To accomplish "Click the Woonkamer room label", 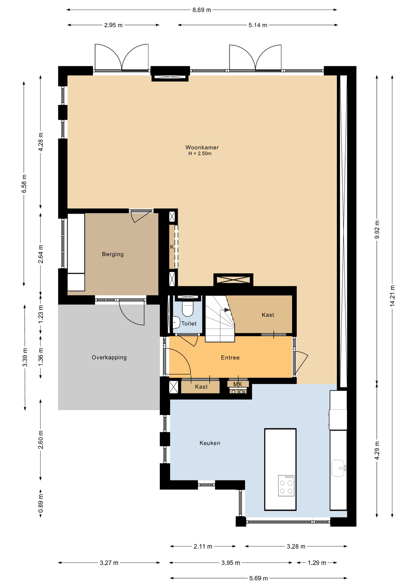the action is click(x=202, y=147).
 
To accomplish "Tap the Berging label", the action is click(x=113, y=254).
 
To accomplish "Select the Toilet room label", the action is click(x=189, y=323).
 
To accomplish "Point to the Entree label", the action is click(x=230, y=357).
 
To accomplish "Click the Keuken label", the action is click(x=210, y=443).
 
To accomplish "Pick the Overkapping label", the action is click(x=109, y=357).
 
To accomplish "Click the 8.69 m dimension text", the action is click(x=202, y=10).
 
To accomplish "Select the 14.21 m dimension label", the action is click(x=392, y=296).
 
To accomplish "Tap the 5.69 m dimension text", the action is click(x=259, y=578).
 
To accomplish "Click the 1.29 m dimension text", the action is click(x=317, y=563).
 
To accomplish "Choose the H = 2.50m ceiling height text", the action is click(x=200, y=153).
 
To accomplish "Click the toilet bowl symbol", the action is click(x=187, y=309).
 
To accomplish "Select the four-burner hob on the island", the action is click(x=286, y=486).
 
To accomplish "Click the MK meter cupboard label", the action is click(x=238, y=384).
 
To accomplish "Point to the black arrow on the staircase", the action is click(x=227, y=310).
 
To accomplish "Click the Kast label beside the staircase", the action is click(x=268, y=315).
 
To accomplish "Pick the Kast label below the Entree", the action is click(x=201, y=387).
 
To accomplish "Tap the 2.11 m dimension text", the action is click(x=203, y=546).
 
